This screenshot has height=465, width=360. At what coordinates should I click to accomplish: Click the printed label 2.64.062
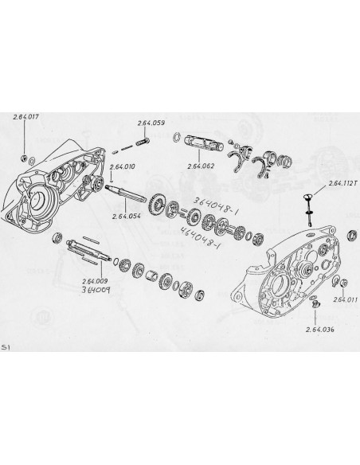point(201,167)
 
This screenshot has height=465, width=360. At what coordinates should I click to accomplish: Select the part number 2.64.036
point(319,327)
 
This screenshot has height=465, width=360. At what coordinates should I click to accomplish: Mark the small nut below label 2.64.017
point(25,150)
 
